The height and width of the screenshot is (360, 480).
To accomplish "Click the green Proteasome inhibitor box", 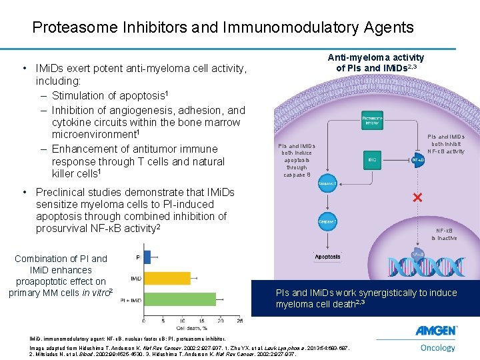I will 371,121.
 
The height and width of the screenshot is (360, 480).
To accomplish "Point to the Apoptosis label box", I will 327,256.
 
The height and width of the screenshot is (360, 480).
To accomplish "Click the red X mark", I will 418,198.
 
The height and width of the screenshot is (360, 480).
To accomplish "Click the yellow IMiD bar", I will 167,278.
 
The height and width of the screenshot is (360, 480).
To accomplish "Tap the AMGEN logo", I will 436,331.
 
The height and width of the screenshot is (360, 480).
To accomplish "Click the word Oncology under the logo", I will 437,347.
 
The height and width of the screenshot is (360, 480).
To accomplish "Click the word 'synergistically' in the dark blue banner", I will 390,293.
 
